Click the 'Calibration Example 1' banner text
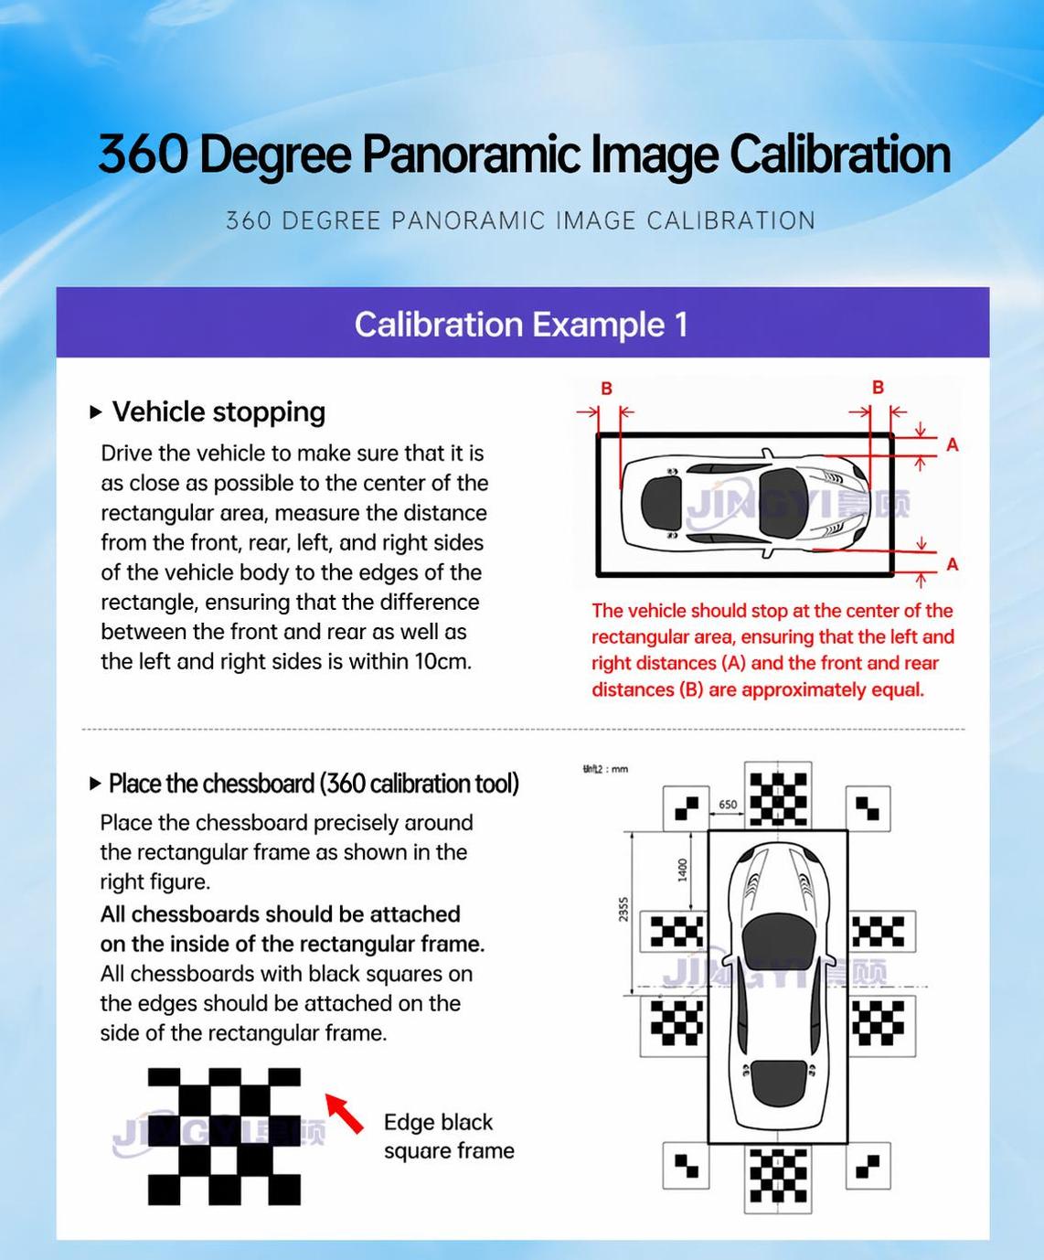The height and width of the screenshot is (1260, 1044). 521,325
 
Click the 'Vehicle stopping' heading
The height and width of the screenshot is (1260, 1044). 218,412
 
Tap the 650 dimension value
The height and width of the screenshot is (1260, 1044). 728,805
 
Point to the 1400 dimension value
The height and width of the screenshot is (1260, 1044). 683,870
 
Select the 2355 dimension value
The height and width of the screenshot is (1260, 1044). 624,909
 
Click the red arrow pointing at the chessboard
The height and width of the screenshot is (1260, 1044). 344,1113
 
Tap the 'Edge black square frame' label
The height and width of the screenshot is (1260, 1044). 449,1137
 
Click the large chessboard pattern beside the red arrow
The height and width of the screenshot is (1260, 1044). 224,1137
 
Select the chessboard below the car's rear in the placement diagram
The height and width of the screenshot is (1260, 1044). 778,1176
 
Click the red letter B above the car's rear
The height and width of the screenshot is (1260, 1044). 606,389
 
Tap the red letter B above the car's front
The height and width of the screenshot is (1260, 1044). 878,388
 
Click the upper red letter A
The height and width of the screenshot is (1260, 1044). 953,444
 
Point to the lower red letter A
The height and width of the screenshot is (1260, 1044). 953,563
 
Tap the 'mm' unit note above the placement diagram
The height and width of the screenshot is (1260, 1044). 620,769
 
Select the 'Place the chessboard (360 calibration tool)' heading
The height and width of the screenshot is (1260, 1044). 314,784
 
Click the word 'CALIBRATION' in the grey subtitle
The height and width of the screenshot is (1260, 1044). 730,220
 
